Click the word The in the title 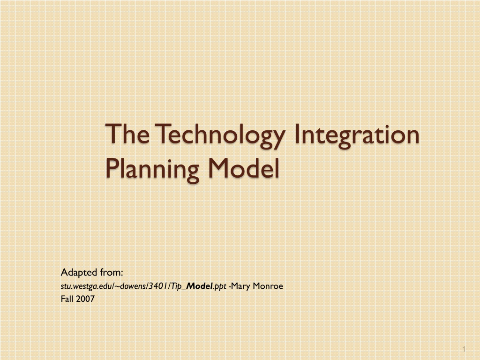pos(127,134)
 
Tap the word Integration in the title pos(357,136)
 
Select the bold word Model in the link pos(200,286)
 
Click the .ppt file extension pos(219,286)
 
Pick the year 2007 pos(85,299)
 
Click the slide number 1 pos(464,349)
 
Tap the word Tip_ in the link pos(178,286)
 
